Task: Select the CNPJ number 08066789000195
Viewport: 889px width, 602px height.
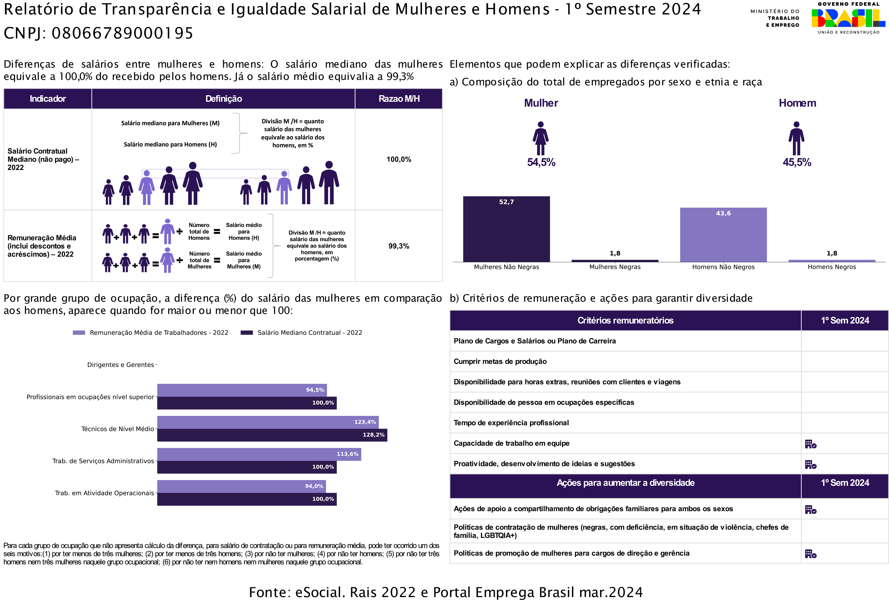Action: coord(122,33)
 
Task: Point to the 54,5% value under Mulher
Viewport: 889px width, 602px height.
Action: coord(541,162)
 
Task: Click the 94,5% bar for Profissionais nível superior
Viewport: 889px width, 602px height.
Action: coord(242,390)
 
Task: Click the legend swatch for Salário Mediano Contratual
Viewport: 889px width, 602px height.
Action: coord(247,333)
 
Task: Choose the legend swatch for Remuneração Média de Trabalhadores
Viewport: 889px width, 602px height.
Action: coord(79,333)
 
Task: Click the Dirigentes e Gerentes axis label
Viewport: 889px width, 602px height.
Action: coord(121,365)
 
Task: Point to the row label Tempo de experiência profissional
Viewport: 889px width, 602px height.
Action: coord(511,423)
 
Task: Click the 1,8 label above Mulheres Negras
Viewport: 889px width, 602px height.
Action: coord(615,253)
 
